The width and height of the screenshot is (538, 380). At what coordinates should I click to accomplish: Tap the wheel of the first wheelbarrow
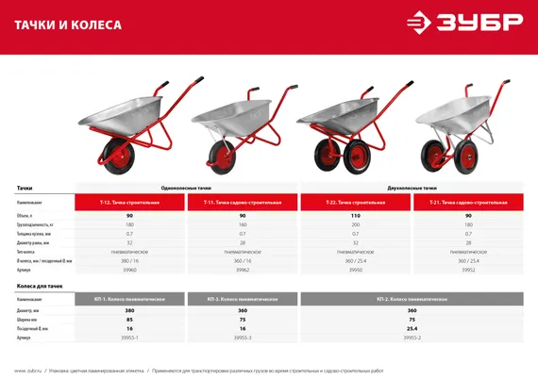124,154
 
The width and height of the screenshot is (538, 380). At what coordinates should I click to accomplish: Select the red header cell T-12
129,203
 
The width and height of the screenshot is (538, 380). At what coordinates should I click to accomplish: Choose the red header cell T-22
356,203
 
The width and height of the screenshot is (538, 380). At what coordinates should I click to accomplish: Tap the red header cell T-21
468,203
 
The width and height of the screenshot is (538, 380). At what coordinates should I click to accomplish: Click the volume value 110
356,216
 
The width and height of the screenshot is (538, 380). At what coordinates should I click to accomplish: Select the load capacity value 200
356,224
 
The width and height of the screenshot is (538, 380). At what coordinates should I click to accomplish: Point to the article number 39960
129,269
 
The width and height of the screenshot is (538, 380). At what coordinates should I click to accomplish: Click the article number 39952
468,269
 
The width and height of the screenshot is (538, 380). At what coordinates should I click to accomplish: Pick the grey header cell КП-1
129,298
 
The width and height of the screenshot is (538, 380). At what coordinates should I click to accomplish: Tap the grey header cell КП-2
412,298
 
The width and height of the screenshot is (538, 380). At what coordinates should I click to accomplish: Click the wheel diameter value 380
129,310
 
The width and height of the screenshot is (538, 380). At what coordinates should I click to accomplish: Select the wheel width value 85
129,319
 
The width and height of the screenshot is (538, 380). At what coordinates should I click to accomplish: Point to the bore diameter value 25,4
412,327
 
